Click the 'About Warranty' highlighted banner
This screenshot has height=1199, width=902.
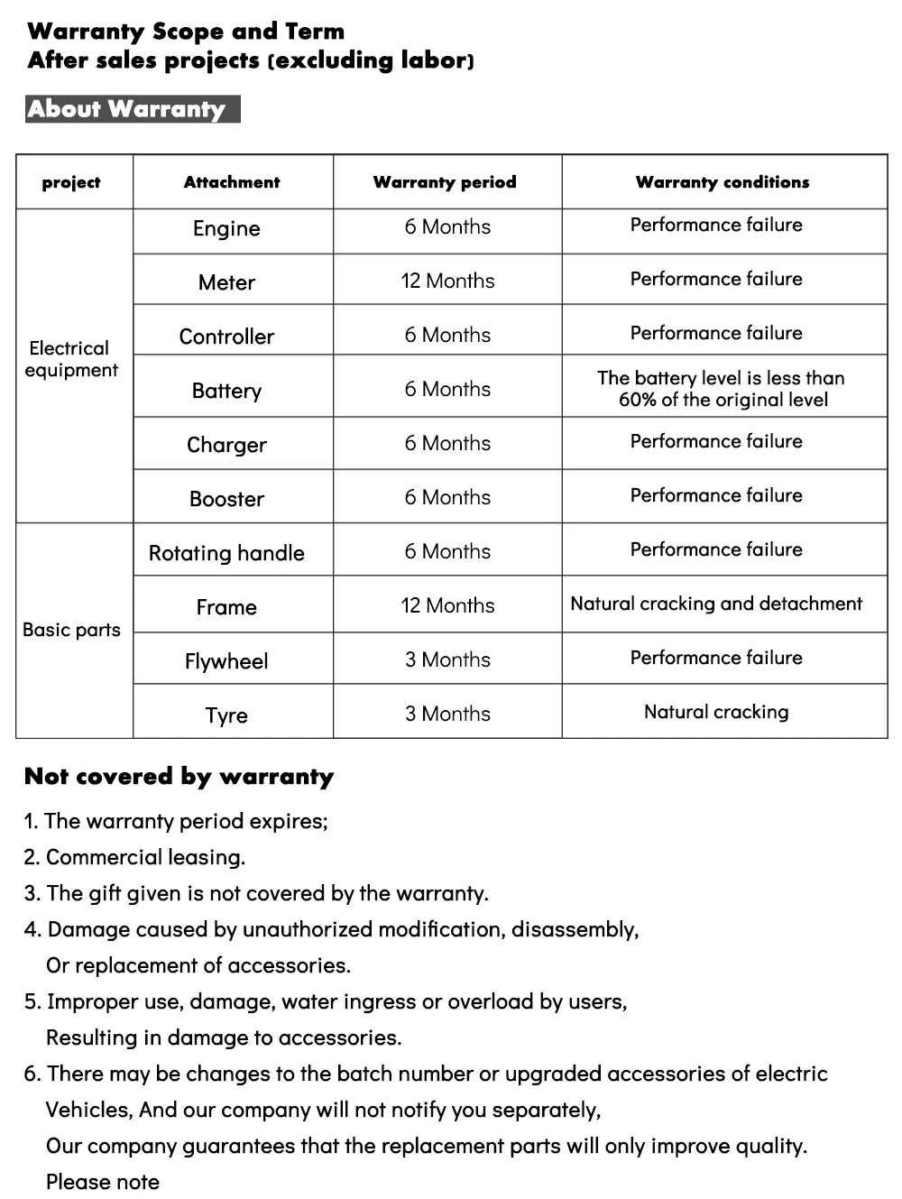click(132, 109)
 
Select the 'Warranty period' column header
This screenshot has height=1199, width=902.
click(445, 182)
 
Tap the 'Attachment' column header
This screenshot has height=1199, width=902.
click(232, 182)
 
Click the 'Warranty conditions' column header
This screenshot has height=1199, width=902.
click(723, 182)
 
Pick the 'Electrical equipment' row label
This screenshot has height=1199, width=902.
click(71, 359)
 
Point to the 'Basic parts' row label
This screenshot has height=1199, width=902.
click(71, 630)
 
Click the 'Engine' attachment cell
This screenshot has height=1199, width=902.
click(226, 229)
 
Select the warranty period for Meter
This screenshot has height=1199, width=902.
click(447, 281)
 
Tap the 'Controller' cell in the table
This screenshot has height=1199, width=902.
click(226, 337)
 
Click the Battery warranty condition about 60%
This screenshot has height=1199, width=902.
click(722, 389)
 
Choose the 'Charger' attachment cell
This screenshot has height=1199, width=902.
click(226, 445)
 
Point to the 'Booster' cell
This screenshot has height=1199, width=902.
click(226, 499)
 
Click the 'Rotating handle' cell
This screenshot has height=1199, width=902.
click(226, 553)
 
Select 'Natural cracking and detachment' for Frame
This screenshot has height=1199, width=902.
click(716, 604)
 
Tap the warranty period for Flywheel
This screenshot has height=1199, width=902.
click(447, 659)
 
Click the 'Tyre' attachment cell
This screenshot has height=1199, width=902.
click(226, 715)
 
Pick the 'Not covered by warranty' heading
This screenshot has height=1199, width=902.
click(179, 777)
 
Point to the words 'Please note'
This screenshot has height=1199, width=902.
click(103, 1182)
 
